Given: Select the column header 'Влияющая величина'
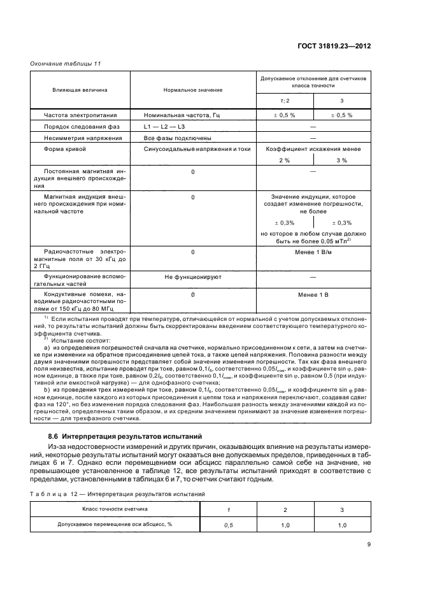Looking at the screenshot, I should click(x=80, y=90).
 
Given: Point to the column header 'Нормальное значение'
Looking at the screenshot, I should click(x=192, y=90).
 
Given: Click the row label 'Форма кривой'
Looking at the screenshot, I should click(x=64, y=149).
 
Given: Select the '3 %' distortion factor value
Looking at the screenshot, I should click(x=341, y=160).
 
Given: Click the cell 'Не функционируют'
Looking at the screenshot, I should click(x=192, y=278).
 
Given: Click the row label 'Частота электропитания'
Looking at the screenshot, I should click(x=74, y=115).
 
